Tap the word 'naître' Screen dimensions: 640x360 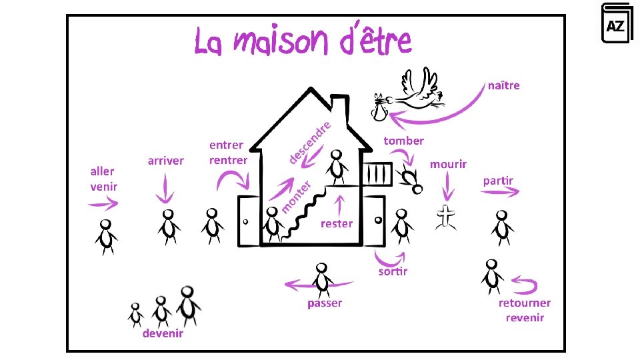click(503, 85)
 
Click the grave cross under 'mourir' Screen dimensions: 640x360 click(446, 217)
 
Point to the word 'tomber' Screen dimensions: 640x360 click(403, 141)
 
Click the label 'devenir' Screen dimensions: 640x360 click(163, 333)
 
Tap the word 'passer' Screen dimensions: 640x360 click(325, 303)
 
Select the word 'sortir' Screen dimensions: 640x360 click(393, 271)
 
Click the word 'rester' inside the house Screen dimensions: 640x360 click(337, 224)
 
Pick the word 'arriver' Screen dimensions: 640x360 click(166, 161)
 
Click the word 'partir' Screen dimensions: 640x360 click(498, 181)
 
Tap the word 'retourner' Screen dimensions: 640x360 click(525, 303)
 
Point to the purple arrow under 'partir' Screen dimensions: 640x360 click(500, 192)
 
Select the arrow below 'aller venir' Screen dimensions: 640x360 click(102, 203)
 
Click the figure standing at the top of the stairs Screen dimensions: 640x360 click(337, 167)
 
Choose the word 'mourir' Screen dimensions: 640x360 click(448, 164)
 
